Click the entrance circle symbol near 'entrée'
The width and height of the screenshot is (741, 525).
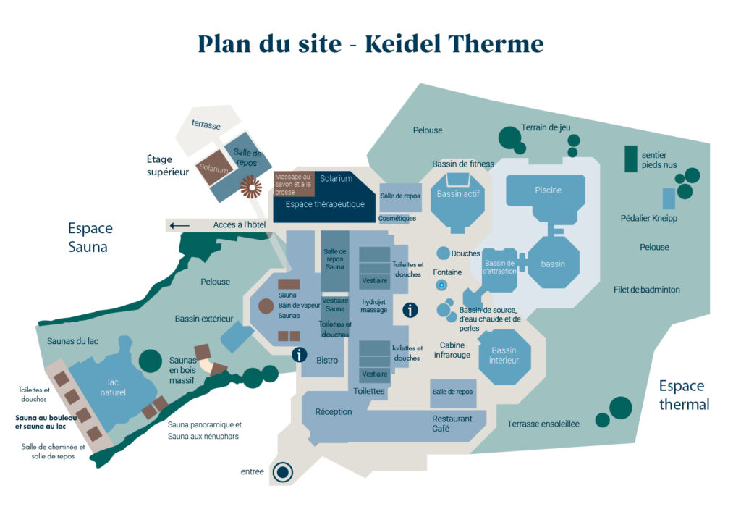point(282,473)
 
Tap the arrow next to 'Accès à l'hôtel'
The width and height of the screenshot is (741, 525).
point(179,225)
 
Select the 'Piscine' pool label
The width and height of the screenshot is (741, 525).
point(548,190)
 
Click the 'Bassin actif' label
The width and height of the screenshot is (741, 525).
point(457,194)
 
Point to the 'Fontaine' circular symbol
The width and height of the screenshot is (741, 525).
point(441,286)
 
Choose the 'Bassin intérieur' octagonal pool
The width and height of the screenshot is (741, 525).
point(504,356)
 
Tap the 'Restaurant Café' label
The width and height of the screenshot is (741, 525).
point(452,424)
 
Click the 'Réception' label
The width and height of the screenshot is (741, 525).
point(334,412)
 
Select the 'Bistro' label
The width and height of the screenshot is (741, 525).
point(327,361)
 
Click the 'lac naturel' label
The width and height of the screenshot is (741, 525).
point(113,387)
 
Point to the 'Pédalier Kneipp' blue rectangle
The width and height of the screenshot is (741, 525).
point(669,198)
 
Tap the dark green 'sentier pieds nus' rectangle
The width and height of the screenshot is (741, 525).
point(630,159)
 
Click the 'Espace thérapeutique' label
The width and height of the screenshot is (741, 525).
point(325,205)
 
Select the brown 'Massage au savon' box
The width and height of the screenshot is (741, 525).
point(292,185)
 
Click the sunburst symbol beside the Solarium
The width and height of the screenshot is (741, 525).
point(251,188)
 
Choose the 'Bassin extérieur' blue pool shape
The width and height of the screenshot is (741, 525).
point(237,336)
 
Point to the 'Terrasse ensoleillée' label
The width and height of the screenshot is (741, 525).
point(543,424)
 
